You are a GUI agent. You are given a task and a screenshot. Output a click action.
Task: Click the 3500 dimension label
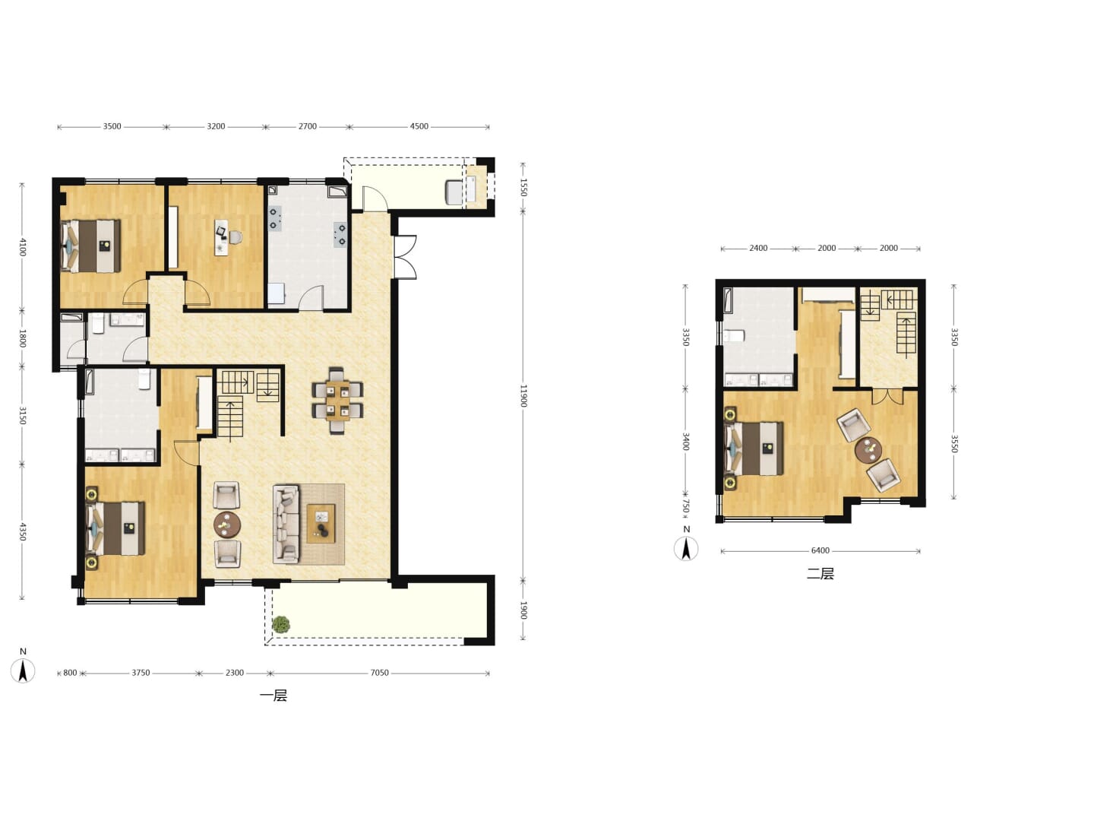(112, 127)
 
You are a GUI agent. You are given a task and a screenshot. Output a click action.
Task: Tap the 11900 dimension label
(523, 396)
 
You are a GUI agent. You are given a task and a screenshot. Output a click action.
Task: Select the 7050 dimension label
(379, 673)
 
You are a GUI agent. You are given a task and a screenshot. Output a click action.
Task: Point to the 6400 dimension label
(820, 551)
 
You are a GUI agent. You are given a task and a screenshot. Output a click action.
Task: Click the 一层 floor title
(273, 696)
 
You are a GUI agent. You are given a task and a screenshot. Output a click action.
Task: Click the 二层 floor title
(820, 574)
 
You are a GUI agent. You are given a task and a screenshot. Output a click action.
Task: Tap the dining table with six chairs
(337, 401)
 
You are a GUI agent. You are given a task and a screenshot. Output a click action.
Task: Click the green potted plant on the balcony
(281, 625)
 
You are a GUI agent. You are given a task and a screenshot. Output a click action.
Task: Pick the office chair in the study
(236, 237)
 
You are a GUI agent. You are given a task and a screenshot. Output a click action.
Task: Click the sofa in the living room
(286, 525)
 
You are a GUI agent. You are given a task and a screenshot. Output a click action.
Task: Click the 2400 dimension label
(758, 249)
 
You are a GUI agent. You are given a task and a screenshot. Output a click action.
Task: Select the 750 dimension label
(686, 506)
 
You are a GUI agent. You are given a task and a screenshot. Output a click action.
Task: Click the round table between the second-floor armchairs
(868, 451)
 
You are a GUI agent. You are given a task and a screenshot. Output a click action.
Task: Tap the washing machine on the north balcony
(454, 192)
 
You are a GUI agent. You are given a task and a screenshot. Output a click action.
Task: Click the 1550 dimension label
(523, 188)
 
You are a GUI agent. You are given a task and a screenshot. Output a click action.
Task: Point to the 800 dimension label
(71, 673)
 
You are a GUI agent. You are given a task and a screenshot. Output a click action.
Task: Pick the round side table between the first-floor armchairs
(227, 525)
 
